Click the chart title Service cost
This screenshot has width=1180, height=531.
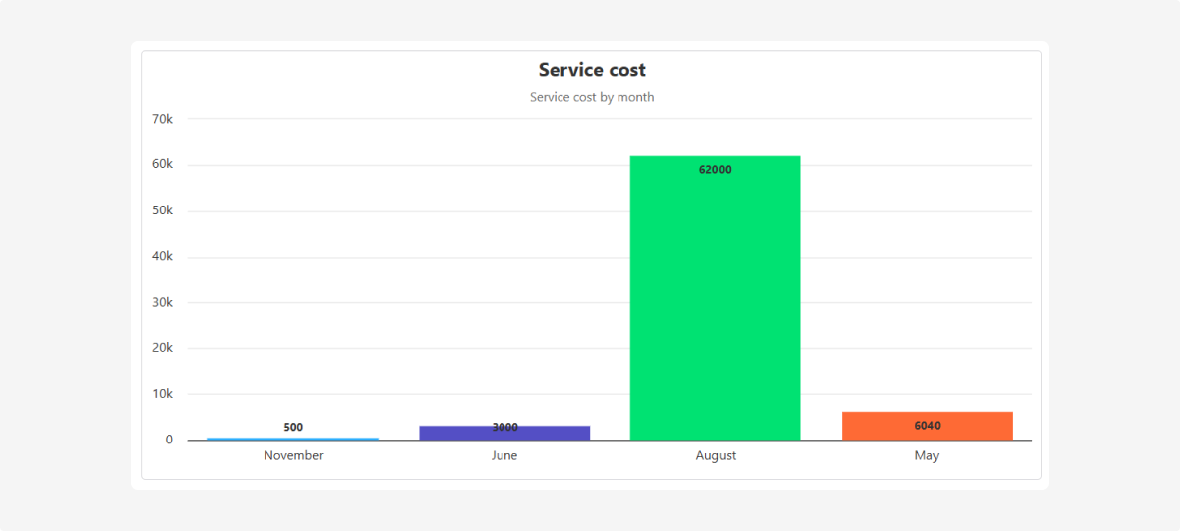592,70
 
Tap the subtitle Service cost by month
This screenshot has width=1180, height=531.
592,97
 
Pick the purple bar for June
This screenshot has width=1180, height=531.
504,434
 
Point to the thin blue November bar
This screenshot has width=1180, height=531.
293,439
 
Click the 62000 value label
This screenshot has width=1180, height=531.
715,170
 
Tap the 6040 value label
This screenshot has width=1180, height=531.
927,426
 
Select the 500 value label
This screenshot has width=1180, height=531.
293,427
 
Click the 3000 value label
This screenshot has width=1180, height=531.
504,427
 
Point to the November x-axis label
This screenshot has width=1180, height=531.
293,456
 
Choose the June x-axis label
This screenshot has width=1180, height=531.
504,456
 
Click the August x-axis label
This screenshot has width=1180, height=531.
715,456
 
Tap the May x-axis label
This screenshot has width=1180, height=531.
927,456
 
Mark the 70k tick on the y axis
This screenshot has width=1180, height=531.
162,119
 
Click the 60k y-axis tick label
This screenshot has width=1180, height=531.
162,165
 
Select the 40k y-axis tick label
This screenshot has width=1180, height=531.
162,257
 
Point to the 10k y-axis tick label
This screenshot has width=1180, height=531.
162,394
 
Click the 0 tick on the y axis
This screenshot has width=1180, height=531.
169,440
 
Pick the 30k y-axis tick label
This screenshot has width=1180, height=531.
162,303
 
